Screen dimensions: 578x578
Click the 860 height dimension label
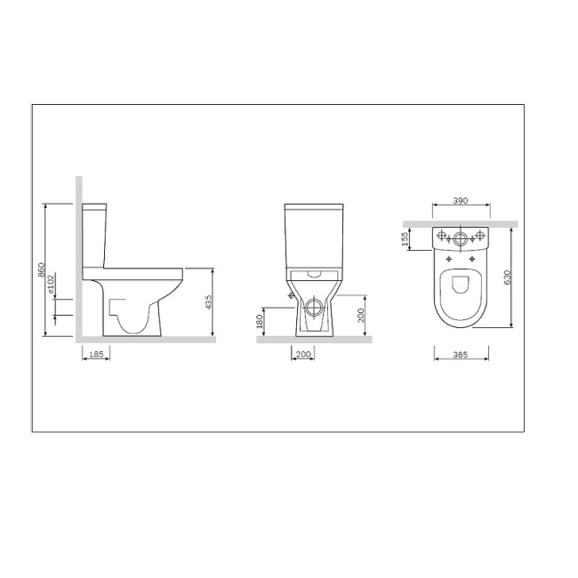point(42,270)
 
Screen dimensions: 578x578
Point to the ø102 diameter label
point(52,284)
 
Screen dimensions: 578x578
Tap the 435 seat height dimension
point(208,302)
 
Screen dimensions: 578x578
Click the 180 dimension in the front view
point(260,323)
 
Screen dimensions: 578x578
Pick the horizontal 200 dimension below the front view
point(303,355)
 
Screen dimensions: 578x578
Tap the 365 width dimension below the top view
point(461,355)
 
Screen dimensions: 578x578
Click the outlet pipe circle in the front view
point(313,309)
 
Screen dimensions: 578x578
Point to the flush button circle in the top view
point(460,237)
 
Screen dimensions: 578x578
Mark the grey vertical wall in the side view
point(78,258)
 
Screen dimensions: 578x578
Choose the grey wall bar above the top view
point(460,222)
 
